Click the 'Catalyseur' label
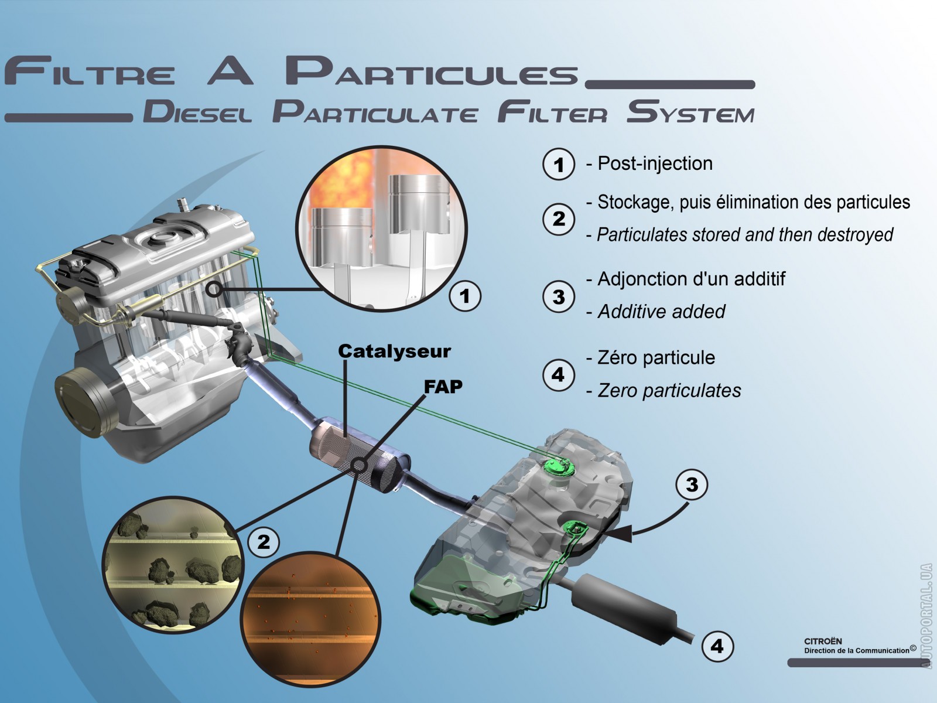click(394, 351)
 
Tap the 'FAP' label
click(443, 387)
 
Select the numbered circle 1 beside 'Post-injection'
click(559, 165)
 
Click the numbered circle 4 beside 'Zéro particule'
click(559, 374)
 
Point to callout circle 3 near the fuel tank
click(692, 484)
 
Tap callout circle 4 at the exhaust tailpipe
click(717, 646)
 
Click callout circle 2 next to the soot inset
click(264, 542)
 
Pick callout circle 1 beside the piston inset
click(465, 296)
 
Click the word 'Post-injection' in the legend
click(655, 163)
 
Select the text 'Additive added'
click(661, 312)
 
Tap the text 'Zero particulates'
click(669, 391)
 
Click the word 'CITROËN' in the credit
click(823, 641)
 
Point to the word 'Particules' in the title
click(432, 71)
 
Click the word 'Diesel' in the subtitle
click(197, 111)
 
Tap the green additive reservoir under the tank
click(463, 586)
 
